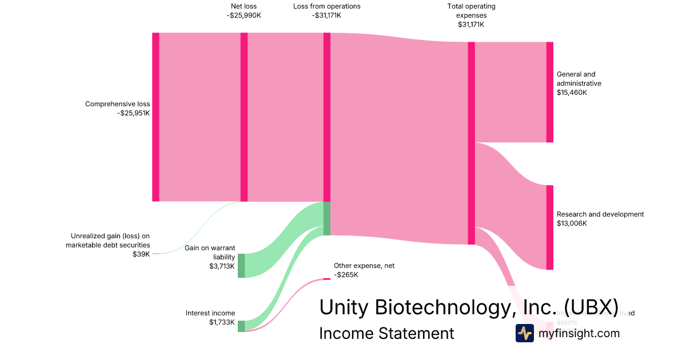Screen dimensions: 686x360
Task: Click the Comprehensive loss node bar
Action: tap(155, 117)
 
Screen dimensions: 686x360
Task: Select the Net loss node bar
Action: tap(244, 117)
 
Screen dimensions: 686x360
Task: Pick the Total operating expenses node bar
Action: tap(472, 143)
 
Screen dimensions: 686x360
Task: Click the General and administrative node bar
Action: tap(550, 92)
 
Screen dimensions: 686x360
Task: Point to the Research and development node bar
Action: tap(550, 227)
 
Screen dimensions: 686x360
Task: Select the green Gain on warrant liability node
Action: tap(241, 265)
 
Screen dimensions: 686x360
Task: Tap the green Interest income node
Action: tap(241, 326)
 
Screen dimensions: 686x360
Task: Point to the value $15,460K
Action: tap(572, 92)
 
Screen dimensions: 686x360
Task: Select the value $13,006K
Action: tap(572, 223)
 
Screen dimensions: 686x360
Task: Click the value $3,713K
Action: tap(222, 266)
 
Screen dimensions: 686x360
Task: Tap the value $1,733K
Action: tap(222, 322)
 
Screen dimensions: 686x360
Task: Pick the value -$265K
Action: tap(346, 275)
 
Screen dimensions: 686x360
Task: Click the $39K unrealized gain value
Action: tap(141, 254)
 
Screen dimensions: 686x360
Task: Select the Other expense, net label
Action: tap(364, 266)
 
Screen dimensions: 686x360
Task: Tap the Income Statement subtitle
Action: tap(386, 333)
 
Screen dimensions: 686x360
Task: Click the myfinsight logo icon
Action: tap(524, 333)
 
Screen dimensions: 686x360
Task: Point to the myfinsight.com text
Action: tap(579, 333)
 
